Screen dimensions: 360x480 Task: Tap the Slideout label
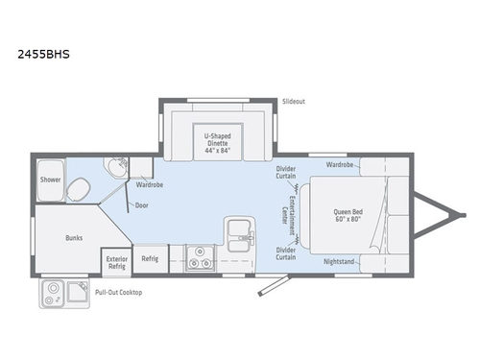[x=294, y=100]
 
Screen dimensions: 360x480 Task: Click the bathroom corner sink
[x=116, y=167]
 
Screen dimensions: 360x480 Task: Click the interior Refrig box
[x=150, y=258]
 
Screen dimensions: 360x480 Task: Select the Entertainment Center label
[x=284, y=212]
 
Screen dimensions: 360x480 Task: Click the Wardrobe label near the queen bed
[x=340, y=164]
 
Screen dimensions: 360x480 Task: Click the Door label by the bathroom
[x=142, y=204]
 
